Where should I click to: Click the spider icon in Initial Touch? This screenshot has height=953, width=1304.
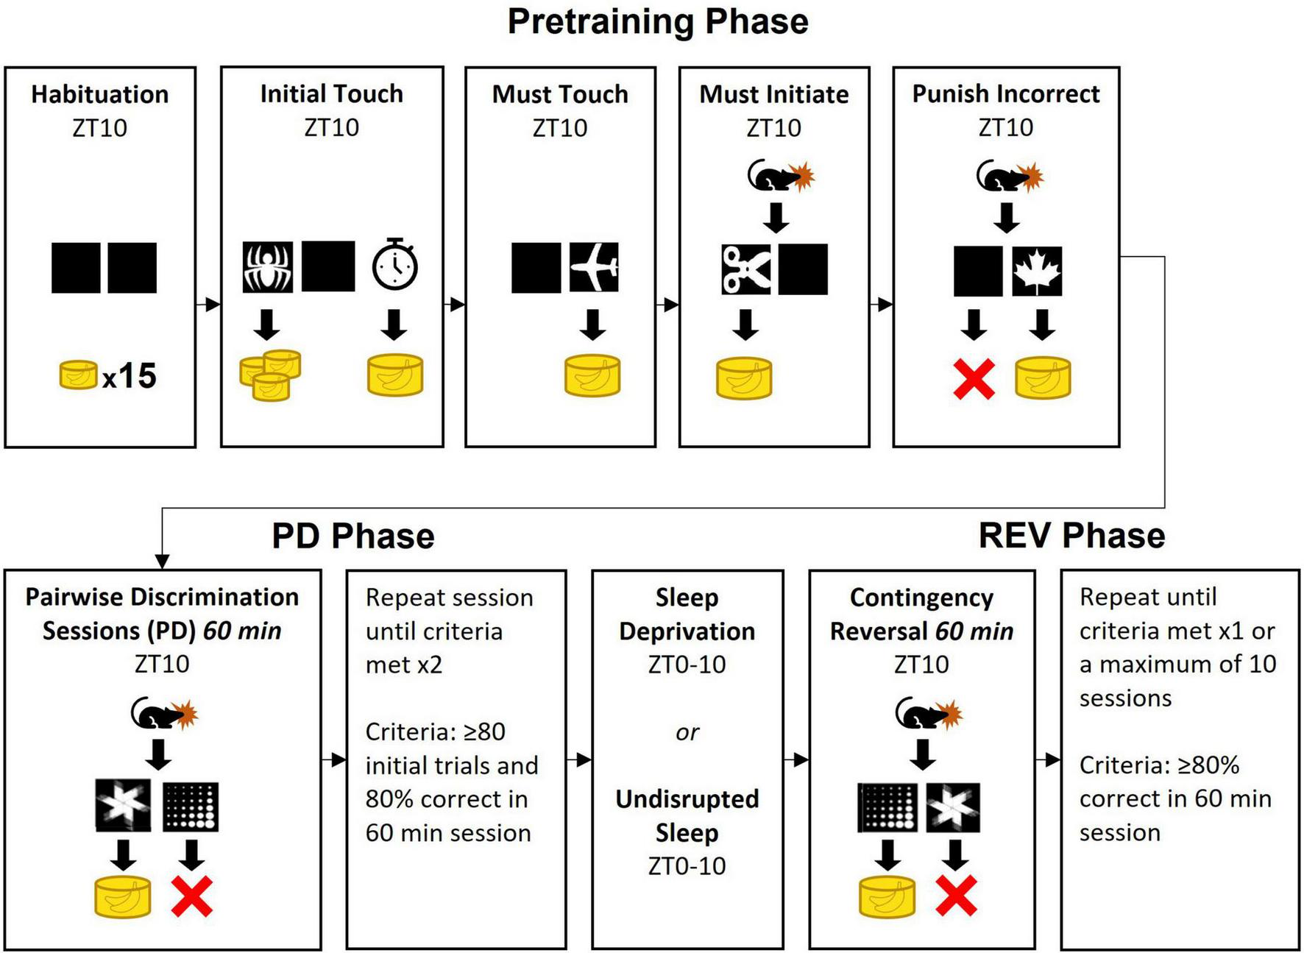tap(268, 266)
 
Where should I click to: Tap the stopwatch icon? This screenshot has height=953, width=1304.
tap(395, 264)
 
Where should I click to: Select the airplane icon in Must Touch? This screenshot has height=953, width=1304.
tap(594, 267)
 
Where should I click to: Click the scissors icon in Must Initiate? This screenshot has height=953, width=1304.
tap(745, 269)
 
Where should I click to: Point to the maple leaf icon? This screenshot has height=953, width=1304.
tap(1037, 270)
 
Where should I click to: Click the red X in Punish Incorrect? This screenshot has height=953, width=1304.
tap(974, 379)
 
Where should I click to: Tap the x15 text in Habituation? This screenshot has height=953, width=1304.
tap(129, 377)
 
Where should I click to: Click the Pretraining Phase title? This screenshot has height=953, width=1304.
tap(657, 21)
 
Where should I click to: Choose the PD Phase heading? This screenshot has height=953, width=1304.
tap(352, 536)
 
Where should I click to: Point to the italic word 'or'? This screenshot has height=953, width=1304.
tap(687, 732)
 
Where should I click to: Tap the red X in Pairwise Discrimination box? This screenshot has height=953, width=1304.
tap(192, 896)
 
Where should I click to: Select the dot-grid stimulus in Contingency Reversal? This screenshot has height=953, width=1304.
tap(887, 808)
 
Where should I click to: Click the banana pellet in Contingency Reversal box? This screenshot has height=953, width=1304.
tap(887, 897)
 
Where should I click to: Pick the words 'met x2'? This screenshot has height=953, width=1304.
tap(403, 665)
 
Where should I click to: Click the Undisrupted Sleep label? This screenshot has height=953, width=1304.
tap(687, 815)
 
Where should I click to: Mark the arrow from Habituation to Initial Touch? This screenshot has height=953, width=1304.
tap(208, 304)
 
